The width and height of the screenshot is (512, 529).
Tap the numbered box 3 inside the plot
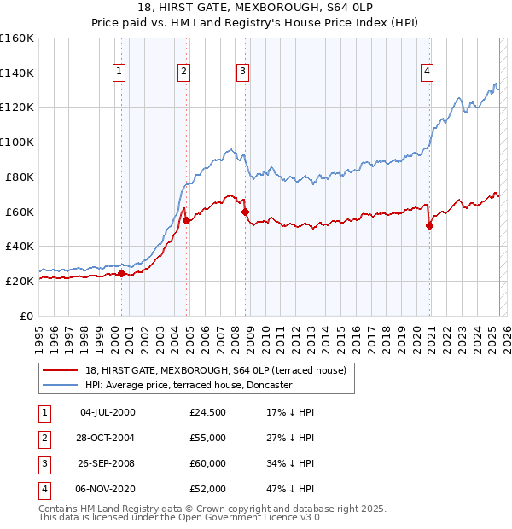coord(243,72)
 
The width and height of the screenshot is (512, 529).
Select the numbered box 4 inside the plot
coord(426,72)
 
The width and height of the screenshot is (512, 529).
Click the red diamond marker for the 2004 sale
coord(186,219)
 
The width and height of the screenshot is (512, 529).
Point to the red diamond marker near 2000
coord(121,273)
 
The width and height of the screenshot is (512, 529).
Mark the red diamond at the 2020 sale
coord(429,225)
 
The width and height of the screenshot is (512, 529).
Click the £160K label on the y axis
coord(17,38)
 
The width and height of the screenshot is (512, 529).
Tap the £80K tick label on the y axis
coord(20,177)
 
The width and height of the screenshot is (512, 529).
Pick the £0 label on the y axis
coord(26,315)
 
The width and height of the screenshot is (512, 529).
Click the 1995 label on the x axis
coord(39,334)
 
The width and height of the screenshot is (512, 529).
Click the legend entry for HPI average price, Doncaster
coord(189,385)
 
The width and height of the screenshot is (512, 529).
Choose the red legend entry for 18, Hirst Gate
coord(215,370)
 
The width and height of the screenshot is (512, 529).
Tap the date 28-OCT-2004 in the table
coord(107,437)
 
